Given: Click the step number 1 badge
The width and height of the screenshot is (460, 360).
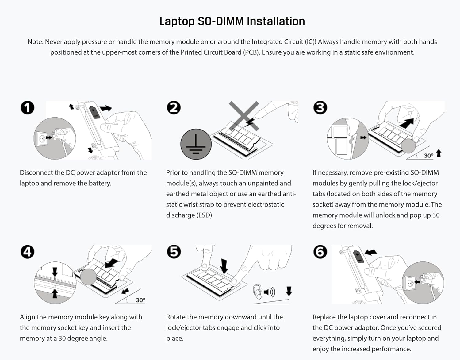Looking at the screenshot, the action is [x=28, y=108].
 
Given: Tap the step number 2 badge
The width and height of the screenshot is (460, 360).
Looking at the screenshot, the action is [x=174, y=108].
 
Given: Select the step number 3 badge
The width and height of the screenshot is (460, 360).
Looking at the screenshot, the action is [x=320, y=108].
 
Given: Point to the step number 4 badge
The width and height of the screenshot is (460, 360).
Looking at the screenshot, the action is [x=28, y=252].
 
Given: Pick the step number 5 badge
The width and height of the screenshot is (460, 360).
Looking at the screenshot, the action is [x=174, y=252].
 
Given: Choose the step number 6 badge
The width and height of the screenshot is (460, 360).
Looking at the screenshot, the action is [x=320, y=252].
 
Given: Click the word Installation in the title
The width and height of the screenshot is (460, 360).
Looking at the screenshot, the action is [x=276, y=21].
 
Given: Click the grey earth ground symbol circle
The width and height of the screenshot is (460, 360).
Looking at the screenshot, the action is [x=196, y=144].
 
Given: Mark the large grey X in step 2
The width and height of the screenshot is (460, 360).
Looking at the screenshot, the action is [x=244, y=116].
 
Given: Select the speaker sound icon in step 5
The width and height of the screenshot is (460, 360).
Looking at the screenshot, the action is [x=269, y=292].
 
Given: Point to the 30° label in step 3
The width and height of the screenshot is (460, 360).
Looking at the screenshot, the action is [x=428, y=156].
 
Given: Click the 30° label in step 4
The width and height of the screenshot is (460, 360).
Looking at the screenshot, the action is [x=140, y=300].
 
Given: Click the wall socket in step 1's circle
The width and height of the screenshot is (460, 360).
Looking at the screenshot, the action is [x=41, y=139].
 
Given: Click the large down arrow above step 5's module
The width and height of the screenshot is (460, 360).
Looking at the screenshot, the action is [x=224, y=266].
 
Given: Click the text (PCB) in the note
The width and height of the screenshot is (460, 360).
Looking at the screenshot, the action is [x=251, y=52].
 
